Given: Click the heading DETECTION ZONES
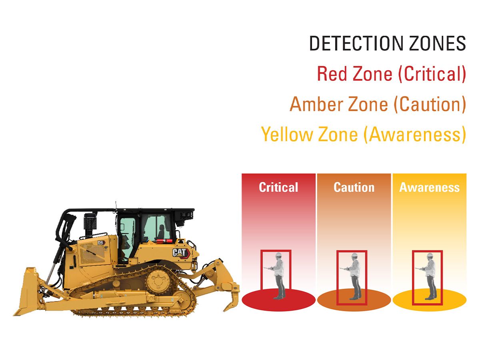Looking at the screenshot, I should tap(387, 43).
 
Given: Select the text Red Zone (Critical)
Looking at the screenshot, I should tap(391, 74).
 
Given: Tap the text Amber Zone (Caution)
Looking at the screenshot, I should tap(378, 104).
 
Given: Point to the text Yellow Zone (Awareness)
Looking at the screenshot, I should tap(363, 134).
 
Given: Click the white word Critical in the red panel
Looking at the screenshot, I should tap(278, 187).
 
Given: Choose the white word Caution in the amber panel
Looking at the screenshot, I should tap(354, 187).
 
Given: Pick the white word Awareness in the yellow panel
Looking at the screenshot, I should tap(429, 187).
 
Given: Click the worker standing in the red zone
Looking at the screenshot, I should tap(278, 276).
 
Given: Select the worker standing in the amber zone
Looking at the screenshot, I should tap(354, 276).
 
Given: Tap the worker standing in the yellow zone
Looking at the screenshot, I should tap(429, 276).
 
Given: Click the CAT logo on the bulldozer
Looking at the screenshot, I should tap(180, 252).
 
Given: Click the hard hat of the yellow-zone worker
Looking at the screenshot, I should tap(430, 256).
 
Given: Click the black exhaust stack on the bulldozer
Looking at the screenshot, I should tap(89, 224).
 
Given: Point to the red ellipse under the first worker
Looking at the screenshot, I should tap(256, 300).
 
